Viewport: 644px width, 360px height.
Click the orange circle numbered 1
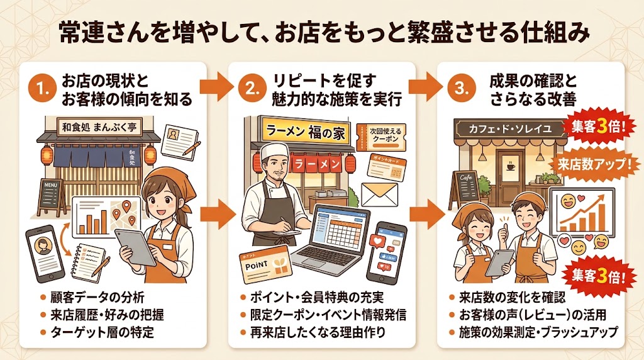[x=43, y=89]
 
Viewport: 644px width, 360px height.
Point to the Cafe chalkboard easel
[x=464, y=188]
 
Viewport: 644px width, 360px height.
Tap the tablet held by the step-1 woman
[x=138, y=246]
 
